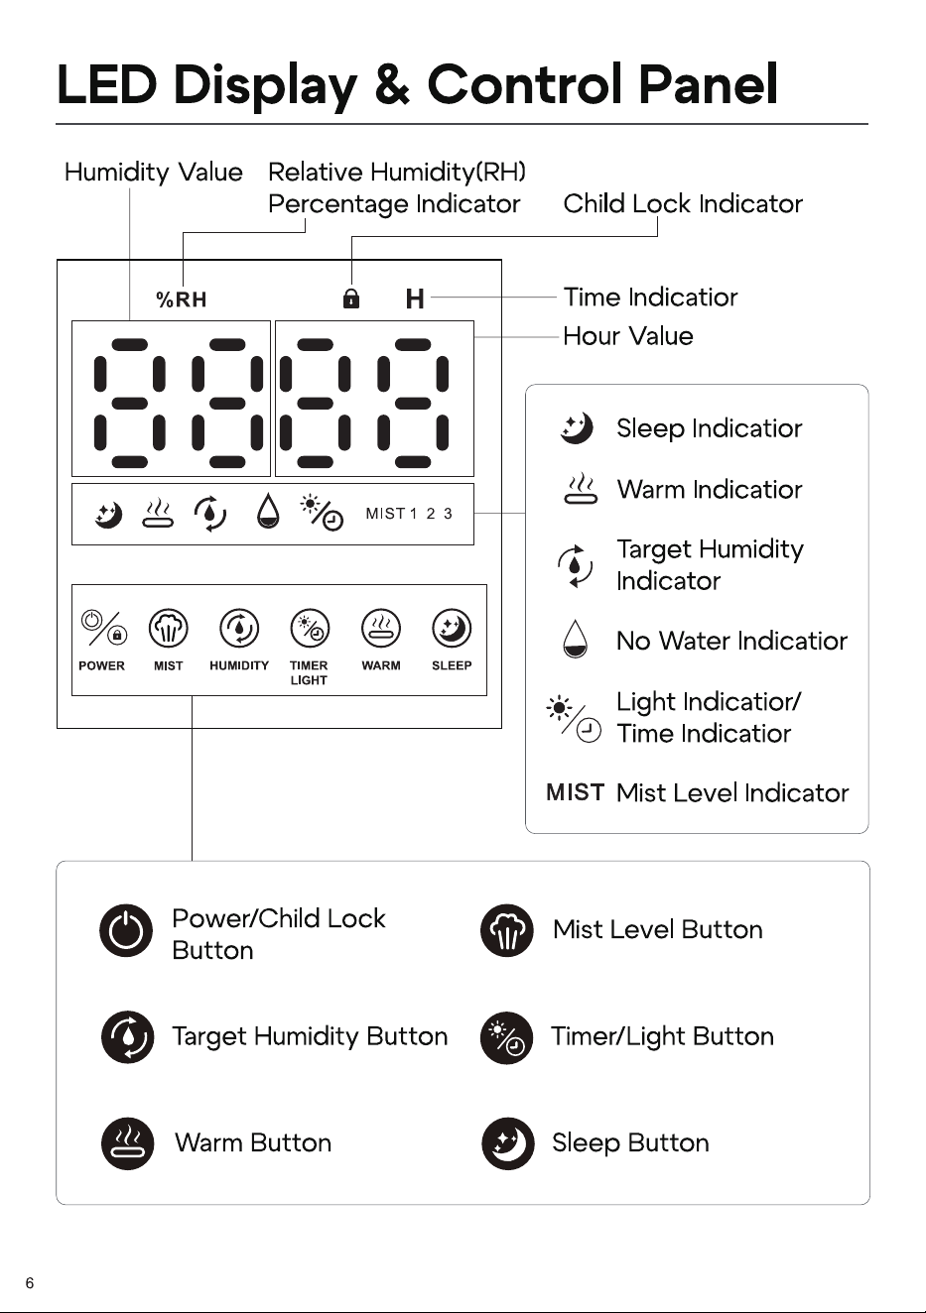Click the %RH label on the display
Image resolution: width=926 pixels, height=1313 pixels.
182,299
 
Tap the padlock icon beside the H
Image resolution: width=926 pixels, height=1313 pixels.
351,298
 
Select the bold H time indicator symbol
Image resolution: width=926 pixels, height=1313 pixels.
415,298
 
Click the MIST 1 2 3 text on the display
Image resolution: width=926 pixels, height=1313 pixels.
409,514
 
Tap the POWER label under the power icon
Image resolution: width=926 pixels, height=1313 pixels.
101,665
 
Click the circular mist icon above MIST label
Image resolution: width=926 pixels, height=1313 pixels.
169,629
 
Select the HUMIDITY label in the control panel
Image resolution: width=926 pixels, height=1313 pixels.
239,665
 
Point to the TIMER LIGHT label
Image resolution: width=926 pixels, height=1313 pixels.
309,673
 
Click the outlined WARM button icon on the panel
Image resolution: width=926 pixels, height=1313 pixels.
381,629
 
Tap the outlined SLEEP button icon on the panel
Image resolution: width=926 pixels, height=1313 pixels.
452,629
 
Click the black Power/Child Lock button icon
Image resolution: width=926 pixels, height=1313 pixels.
126,930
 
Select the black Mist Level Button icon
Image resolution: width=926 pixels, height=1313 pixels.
507,930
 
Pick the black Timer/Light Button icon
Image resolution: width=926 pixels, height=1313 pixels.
507,1038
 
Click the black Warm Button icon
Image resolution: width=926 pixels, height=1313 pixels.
127,1143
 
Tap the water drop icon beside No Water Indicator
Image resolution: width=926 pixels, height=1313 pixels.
575,639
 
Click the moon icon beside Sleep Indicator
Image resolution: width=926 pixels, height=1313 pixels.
577,427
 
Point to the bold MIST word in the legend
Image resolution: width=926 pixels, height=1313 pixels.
575,792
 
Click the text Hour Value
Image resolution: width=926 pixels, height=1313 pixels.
628,336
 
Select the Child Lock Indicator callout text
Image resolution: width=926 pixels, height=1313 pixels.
683,204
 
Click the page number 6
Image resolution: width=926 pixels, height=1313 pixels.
30,1283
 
